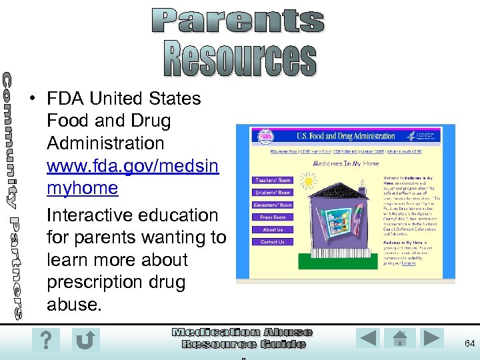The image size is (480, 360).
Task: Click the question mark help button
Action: click(45, 341)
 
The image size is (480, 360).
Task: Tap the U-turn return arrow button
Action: click(85, 341)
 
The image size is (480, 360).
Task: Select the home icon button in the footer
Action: click(400, 339)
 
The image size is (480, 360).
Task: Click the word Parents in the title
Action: click(237, 21)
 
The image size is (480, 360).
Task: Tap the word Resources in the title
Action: click(240, 59)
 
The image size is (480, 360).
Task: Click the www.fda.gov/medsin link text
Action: click(133, 165)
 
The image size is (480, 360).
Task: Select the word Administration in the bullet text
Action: click(105, 143)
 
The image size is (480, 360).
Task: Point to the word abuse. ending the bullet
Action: click(73, 305)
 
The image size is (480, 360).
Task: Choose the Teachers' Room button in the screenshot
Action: click(272, 180)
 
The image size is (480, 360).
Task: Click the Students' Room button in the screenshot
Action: click(272, 193)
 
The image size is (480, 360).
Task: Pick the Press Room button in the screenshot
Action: click(272, 217)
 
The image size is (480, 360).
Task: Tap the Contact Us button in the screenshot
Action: click(272, 242)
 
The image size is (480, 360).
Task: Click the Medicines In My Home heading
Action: click(346, 163)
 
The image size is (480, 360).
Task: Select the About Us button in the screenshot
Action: click(272, 229)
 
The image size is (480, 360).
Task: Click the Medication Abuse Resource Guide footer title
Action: click(243, 338)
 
